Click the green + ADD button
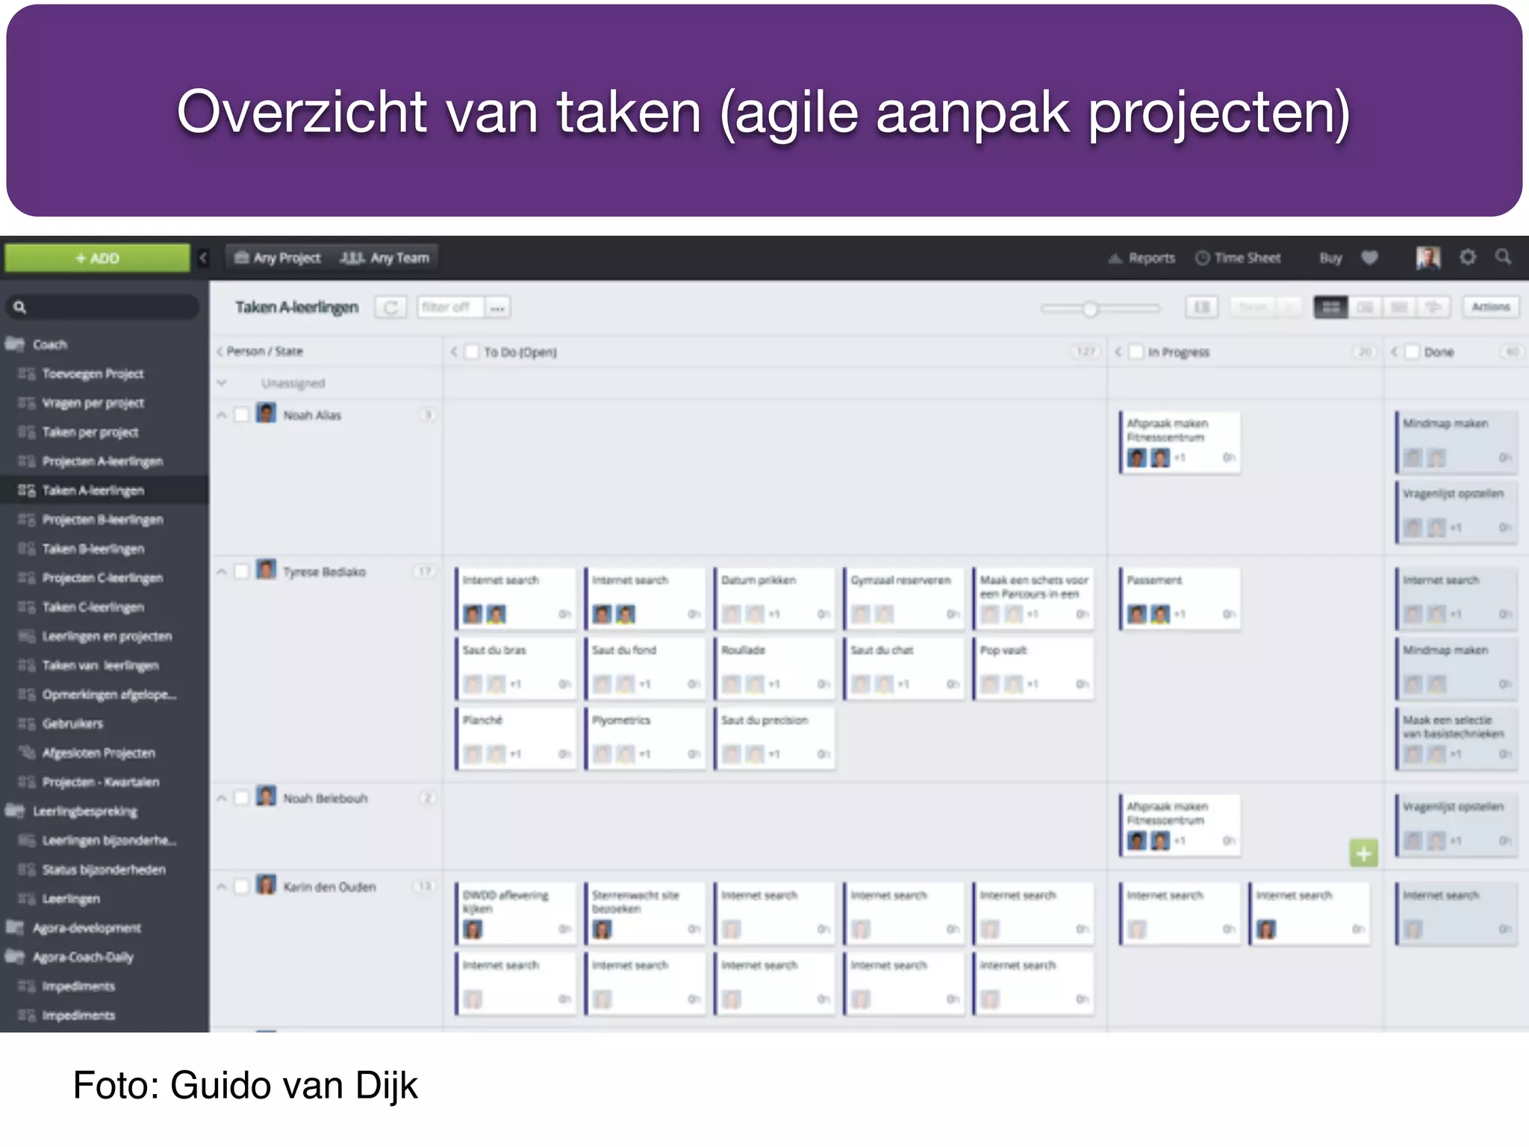(x=97, y=258)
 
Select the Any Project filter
(x=278, y=258)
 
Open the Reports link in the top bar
(x=1142, y=258)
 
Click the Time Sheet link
(x=1239, y=258)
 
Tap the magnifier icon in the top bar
(x=1503, y=258)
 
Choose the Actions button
(x=1490, y=307)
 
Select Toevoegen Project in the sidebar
(x=93, y=373)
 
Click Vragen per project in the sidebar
(x=93, y=403)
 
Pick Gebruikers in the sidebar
(x=72, y=724)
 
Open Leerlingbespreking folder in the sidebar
(x=84, y=811)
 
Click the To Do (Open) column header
(x=520, y=352)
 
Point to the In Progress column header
(x=1178, y=352)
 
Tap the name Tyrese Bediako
(x=324, y=572)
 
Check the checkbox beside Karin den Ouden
(x=241, y=886)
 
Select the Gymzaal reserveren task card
(x=903, y=597)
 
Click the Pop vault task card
(x=1033, y=668)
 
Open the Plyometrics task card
(x=644, y=738)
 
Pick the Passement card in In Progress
(x=1180, y=597)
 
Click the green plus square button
(x=1363, y=853)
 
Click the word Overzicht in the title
(x=302, y=112)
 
